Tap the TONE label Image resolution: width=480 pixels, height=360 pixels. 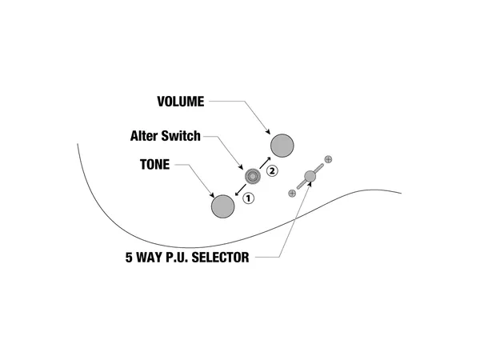[x=155, y=166]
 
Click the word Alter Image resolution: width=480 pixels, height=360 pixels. [x=146, y=136]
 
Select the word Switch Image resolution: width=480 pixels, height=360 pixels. [x=182, y=136]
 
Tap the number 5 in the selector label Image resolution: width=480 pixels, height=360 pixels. [x=128, y=258]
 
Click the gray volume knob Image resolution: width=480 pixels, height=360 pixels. [x=283, y=146]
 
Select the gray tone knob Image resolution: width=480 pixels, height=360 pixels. [x=223, y=206]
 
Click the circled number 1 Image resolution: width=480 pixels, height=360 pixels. [x=249, y=198]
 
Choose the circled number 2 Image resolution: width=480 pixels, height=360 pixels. [x=272, y=170]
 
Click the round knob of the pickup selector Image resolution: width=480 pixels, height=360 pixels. [x=311, y=177]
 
